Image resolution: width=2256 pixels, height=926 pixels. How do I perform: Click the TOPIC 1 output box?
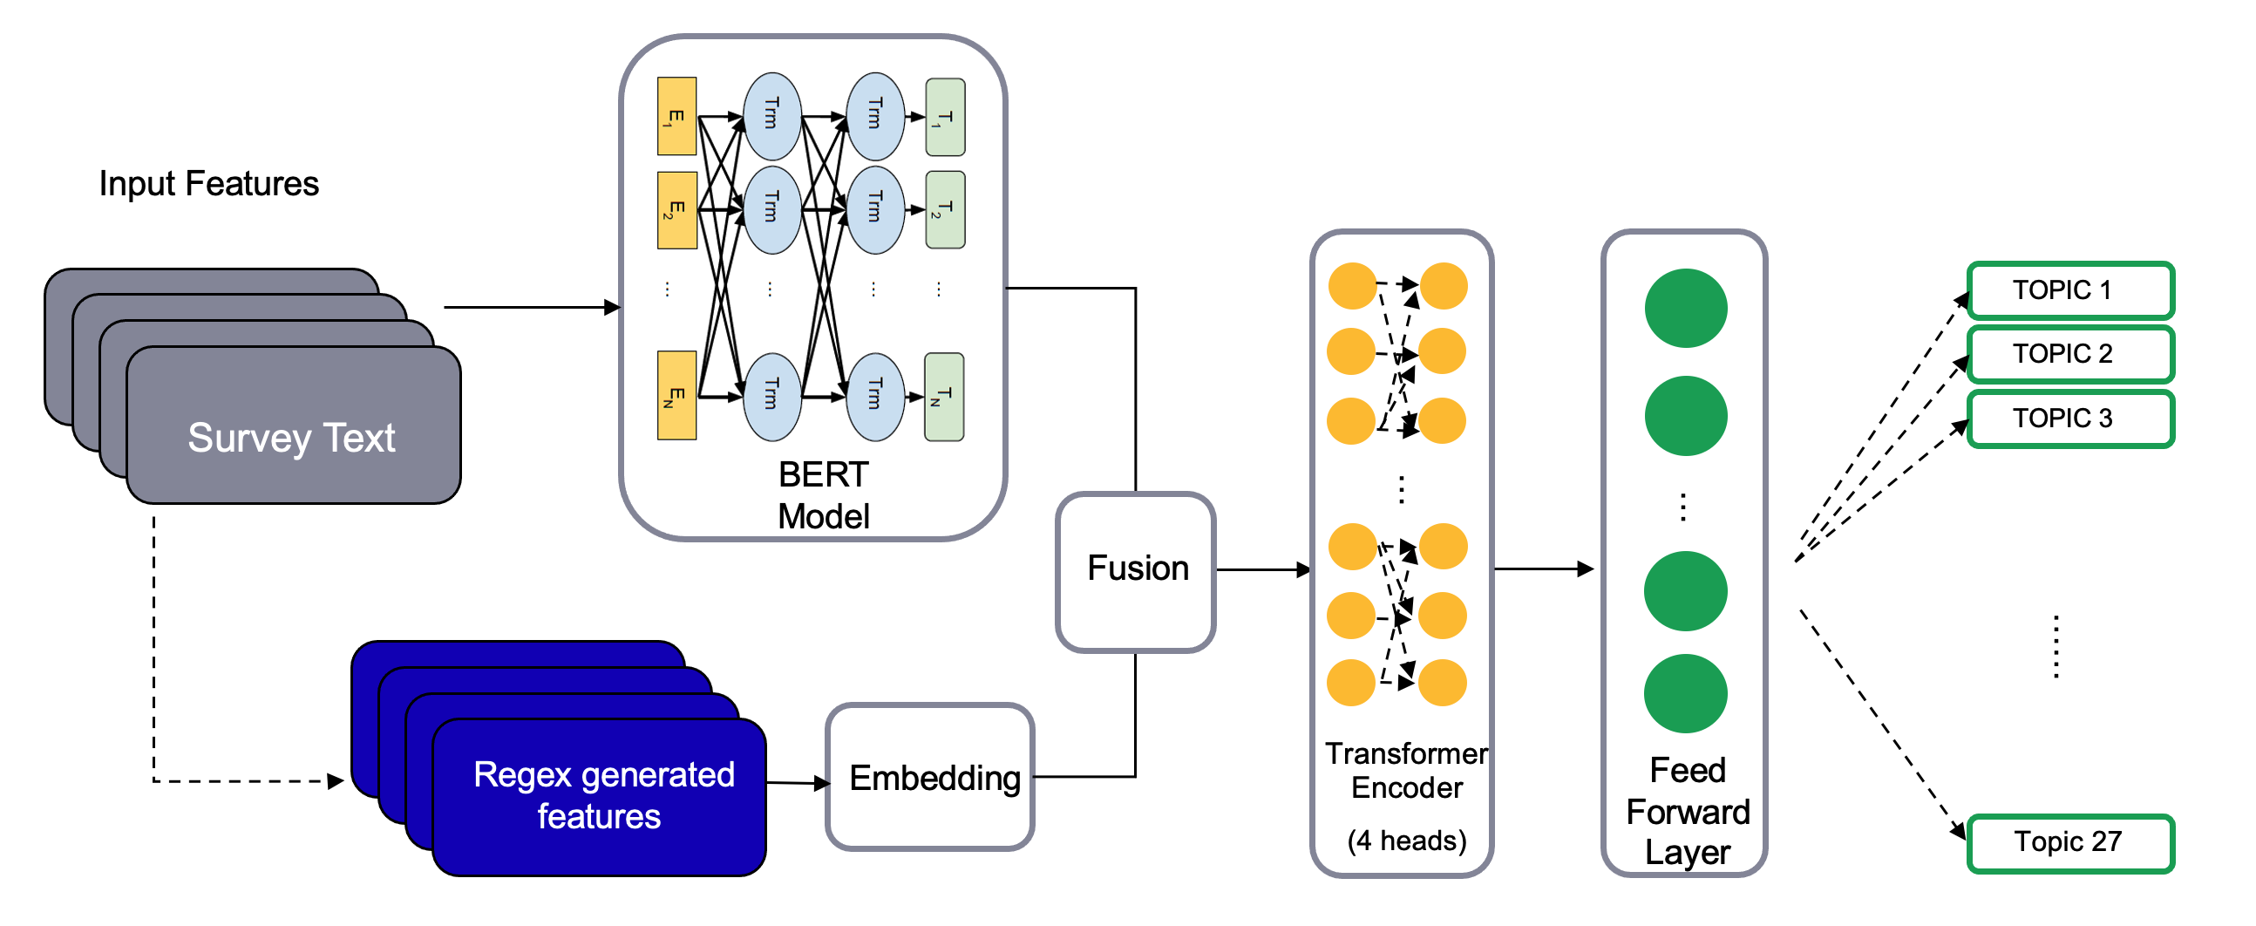click(x=2069, y=290)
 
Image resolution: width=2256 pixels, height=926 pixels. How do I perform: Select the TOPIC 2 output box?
click(x=2069, y=354)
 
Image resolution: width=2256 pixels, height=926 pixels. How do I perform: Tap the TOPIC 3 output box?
click(x=2069, y=419)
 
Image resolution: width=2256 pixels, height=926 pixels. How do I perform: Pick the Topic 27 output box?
click(x=2069, y=843)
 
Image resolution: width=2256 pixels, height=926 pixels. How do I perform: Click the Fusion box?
click(x=1136, y=570)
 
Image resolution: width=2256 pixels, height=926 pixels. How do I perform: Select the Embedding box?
click(x=932, y=778)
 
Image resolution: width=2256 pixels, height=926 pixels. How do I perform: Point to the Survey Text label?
click(x=292, y=438)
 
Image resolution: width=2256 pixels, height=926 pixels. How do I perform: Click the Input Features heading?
click(x=208, y=184)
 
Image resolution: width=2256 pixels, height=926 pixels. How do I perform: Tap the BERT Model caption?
click(x=822, y=495)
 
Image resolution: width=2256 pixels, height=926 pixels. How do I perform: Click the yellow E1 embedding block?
click(x=677, y=117)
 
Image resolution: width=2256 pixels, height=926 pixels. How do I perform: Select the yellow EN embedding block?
click(x=677, y=395)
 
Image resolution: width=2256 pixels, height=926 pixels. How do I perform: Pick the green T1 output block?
click(x=945, y=118)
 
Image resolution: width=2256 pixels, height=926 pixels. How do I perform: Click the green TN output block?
click(x=944, y=397)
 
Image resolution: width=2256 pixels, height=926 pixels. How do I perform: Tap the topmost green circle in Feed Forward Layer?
click(x=1685, y=309)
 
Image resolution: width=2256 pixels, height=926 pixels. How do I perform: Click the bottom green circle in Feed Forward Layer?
click(x=1685, y=694)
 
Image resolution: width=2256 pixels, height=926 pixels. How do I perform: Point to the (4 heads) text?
click(x=1406, y=841)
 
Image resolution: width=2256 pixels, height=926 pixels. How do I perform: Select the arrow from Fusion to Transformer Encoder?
click(x=1263, y=570)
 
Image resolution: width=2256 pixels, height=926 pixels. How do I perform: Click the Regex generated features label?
click(x=602, y=795)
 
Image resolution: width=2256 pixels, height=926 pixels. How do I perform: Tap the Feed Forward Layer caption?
click(x=1688, y=812)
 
